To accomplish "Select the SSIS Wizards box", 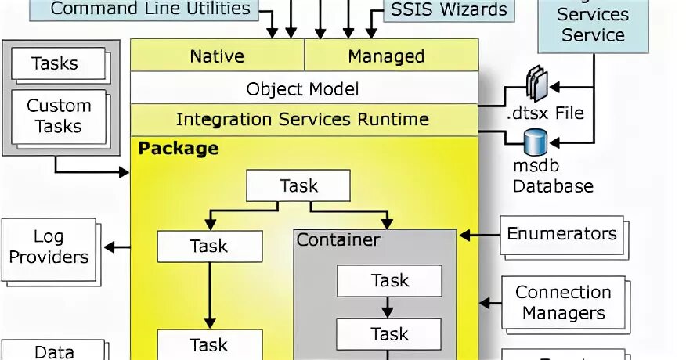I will [449, 10].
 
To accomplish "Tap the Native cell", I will [217, 56].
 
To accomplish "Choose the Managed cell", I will [386, 56].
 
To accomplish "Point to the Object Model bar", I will [303, 88].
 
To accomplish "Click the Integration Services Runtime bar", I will [303, 120].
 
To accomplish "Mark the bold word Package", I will [179, 148].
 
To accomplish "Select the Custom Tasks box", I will [59, 116].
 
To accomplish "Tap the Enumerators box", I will [561, 233].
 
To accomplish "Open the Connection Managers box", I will [562, 302].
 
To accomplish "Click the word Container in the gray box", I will [338, 239].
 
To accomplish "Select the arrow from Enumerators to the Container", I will [480, 234].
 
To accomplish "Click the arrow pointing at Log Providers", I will [117, 247].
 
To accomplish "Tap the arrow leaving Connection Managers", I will [490, 302].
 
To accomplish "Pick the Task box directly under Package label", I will [298, 186].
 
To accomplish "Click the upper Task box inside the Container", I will [389, 280].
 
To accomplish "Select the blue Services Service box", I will [593, 25].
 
